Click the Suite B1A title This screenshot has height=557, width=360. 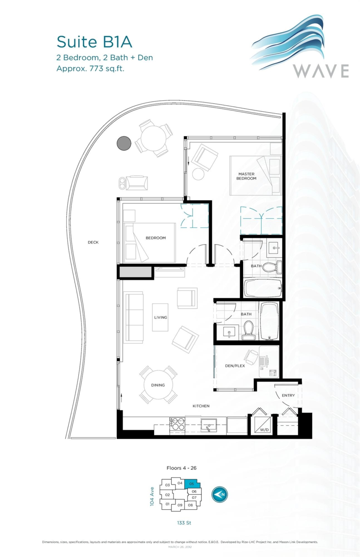94,42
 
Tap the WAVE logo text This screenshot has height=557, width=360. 321,71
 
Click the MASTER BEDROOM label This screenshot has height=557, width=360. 246,176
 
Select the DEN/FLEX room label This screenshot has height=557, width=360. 235,365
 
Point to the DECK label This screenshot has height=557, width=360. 93,242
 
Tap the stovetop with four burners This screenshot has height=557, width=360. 177,425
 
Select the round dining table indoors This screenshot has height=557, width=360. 158,385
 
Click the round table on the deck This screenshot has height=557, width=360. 154,138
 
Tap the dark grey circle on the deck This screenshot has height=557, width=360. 124,143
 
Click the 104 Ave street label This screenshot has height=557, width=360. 152,496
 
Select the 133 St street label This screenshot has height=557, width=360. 185,523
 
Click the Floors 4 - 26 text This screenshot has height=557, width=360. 184,468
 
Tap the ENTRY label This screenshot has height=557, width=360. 288,395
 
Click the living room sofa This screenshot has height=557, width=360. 134,317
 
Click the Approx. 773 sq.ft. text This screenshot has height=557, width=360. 91,68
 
